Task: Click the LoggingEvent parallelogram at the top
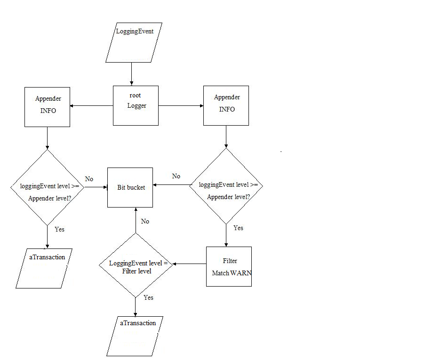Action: click(134, 43)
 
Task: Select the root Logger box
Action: click(136, 105)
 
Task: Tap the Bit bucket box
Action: click(130, 187)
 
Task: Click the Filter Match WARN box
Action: click(229, 266)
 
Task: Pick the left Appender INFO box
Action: click(47, 107)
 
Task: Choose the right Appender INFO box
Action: click(226, 105)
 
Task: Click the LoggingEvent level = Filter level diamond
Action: click(136, 265)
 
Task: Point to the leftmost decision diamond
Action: click(47, 187)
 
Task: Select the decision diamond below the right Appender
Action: click(226, 186)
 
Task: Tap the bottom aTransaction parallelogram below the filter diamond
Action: click(135, 336)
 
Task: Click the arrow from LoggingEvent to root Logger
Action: click(131, 74)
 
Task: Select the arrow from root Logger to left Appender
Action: click(92, 106)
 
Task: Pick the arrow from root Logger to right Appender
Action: click(181, 106)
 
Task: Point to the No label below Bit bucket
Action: click(145, 221)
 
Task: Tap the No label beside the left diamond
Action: click(89, 179)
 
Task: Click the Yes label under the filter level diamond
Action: click(148, 297)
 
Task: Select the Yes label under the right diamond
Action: click(239, 228)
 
